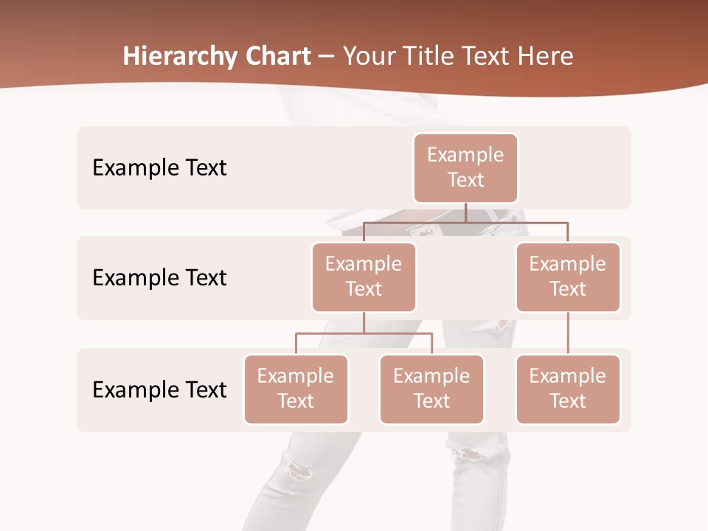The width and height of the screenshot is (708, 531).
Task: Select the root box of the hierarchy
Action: (x=465, y=167)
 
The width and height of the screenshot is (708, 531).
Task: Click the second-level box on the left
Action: (x=364, y=277)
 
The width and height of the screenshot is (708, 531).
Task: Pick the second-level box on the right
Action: (x=568, y=277)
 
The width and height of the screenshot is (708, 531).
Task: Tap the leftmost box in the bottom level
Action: (x=296, y=389)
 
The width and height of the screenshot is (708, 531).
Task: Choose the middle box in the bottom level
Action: (x=431, y=389)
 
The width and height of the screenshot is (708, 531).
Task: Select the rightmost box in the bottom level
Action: (x=568, y=389)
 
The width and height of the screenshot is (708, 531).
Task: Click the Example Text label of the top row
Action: (x=159, y=167)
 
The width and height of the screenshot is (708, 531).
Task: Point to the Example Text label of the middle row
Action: (x=159, y=277)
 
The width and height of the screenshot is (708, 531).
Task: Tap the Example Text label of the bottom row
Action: (x=159, y=389)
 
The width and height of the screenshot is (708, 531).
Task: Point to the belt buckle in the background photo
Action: (x=426, y=233)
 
